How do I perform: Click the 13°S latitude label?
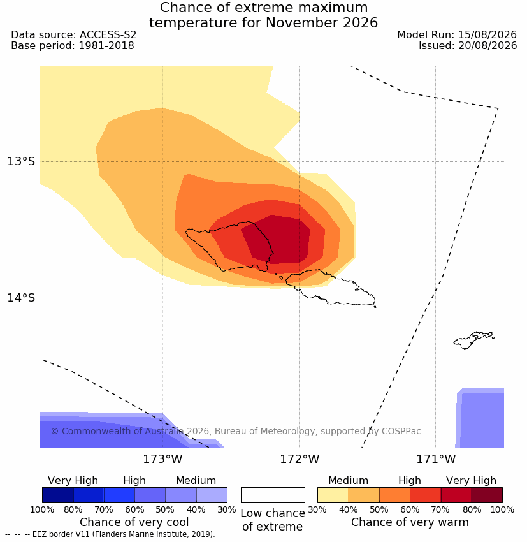22,161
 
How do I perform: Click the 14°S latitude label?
22,298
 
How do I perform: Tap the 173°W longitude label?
162,459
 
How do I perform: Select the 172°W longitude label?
300,459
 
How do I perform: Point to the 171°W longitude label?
436,459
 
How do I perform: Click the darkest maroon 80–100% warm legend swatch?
487,495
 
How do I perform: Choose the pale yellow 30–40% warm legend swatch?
333,495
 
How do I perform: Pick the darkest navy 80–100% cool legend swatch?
58,495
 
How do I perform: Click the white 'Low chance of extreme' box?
273,495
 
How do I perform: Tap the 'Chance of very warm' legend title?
410,522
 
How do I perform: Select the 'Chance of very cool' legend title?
134,522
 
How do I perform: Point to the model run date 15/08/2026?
487,35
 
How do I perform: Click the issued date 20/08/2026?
487,46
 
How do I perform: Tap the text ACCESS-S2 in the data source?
108,35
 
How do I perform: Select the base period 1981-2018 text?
106,46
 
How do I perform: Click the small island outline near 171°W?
472,340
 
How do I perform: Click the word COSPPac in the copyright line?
401,432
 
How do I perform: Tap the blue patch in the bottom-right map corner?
480,418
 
